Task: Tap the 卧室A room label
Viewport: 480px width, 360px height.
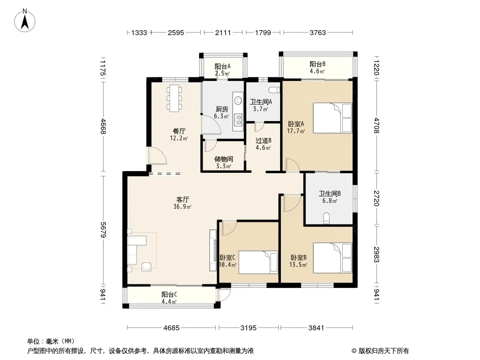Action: (x=296, y=124)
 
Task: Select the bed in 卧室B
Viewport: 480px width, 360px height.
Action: (x=332, y=258)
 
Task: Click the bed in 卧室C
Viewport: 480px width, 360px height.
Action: (x=258, y=262)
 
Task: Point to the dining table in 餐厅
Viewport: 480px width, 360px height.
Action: (x=174, y=98)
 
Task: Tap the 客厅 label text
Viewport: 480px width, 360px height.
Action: (x=182, y=199)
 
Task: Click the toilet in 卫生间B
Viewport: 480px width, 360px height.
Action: (x=326, y=219)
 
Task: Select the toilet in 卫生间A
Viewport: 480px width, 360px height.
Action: (x=274, y=90)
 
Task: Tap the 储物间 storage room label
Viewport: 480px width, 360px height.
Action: (x=223, y=159)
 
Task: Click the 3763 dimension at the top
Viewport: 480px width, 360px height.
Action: (x=317, y=32)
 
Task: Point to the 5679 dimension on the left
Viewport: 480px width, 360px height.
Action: (x=103, y=229)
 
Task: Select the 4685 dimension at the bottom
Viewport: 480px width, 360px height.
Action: (x=171, y=328)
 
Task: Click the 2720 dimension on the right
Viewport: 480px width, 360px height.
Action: (x=376, y=198)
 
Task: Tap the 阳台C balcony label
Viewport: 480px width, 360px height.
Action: (x=169, y=295)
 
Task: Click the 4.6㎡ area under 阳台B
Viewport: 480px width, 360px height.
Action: (x=317, y=71)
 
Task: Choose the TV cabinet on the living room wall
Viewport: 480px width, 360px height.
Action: (x=213, y=250)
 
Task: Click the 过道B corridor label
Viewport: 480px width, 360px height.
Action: (x=263, y=141)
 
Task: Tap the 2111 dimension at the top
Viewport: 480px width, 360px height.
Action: (x=223, y=32)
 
